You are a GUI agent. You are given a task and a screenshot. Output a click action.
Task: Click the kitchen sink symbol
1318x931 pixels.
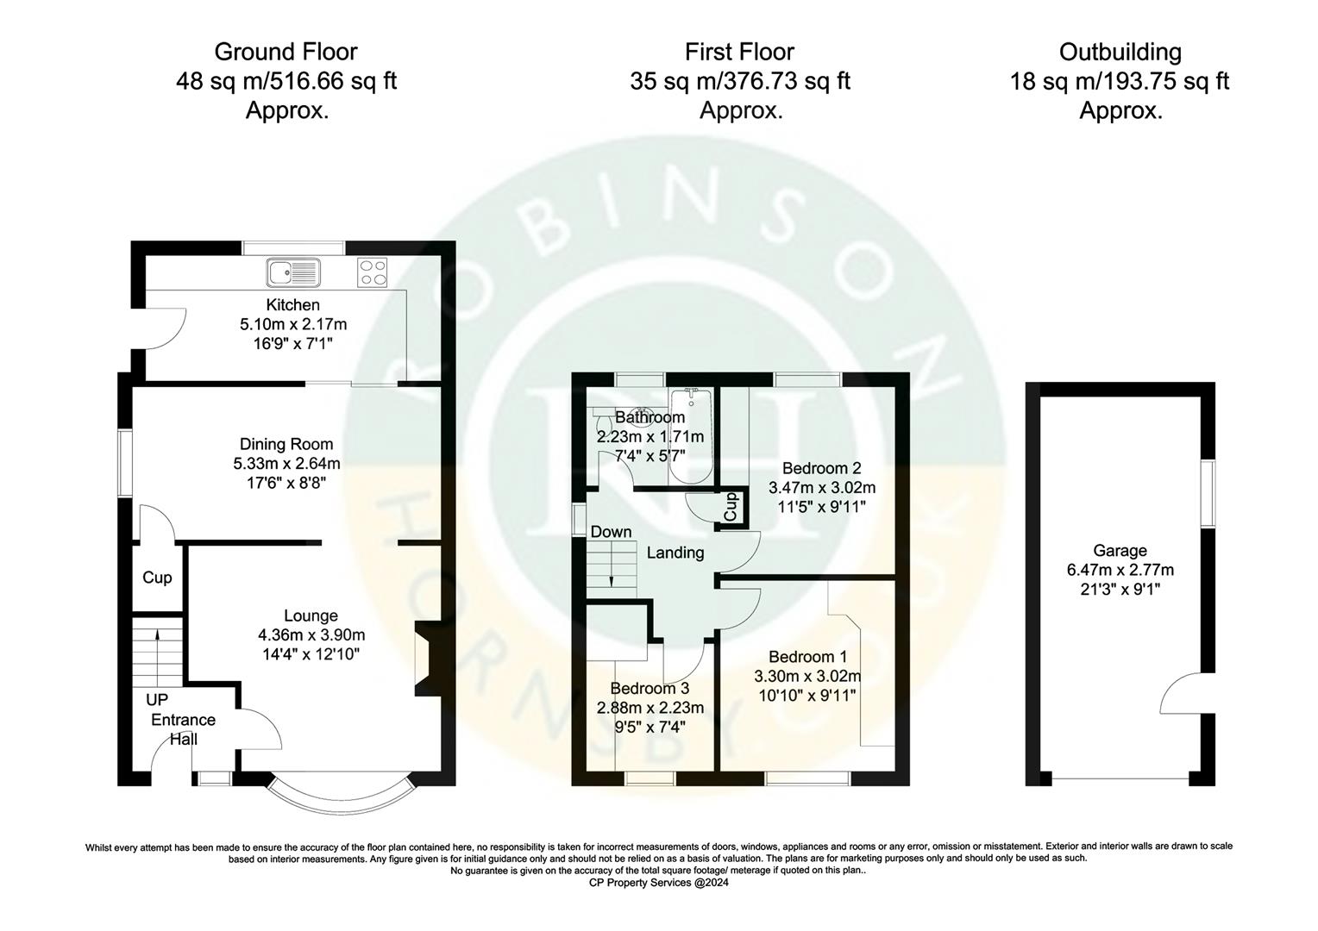(x=293, y=272)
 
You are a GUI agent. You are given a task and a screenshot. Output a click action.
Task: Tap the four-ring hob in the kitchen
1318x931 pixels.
(x=373, y=272)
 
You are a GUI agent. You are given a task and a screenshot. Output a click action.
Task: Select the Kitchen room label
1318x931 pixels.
(x=292, y=305)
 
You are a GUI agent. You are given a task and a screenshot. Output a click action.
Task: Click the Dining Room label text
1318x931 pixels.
(x=286, y=445)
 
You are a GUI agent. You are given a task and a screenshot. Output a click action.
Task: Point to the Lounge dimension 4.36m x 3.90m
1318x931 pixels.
(x=311, y=635)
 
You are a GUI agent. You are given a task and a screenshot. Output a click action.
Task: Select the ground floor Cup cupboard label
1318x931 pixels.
(x=157, y=578)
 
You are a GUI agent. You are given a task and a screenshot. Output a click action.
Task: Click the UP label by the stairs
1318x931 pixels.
(x=156, y=700)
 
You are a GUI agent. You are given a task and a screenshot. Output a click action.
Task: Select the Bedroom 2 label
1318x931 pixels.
(x=821, y=469)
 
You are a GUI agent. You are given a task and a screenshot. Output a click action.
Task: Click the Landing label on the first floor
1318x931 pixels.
(x=675, y=553)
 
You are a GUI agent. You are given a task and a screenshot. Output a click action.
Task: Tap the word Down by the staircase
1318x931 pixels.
(x=611, y=532)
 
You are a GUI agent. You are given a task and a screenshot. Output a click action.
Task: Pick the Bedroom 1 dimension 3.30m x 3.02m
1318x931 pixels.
(x=806, y=676)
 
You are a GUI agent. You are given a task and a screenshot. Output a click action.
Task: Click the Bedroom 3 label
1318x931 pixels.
(x=650, y=689)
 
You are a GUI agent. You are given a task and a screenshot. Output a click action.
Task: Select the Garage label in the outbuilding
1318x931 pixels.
(x=1120, y=551)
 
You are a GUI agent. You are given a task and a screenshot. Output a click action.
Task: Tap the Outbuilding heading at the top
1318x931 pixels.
(x=1120, y=52)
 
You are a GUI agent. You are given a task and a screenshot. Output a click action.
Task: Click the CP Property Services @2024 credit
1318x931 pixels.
(x=659, y=883)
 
